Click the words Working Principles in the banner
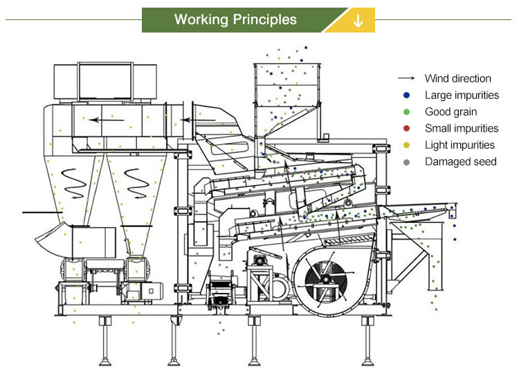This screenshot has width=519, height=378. (235, 19)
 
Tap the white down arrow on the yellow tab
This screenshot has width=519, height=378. (358, 20)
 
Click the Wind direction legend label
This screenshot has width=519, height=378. (457, 79)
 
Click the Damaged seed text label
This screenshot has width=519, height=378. (461, 162)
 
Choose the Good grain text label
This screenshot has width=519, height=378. (450, 112)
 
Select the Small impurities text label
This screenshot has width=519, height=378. (462, 129)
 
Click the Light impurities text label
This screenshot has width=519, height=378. (459, 145)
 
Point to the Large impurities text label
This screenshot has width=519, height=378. (462, 96)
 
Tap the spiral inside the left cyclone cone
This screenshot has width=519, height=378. (71, 181)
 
